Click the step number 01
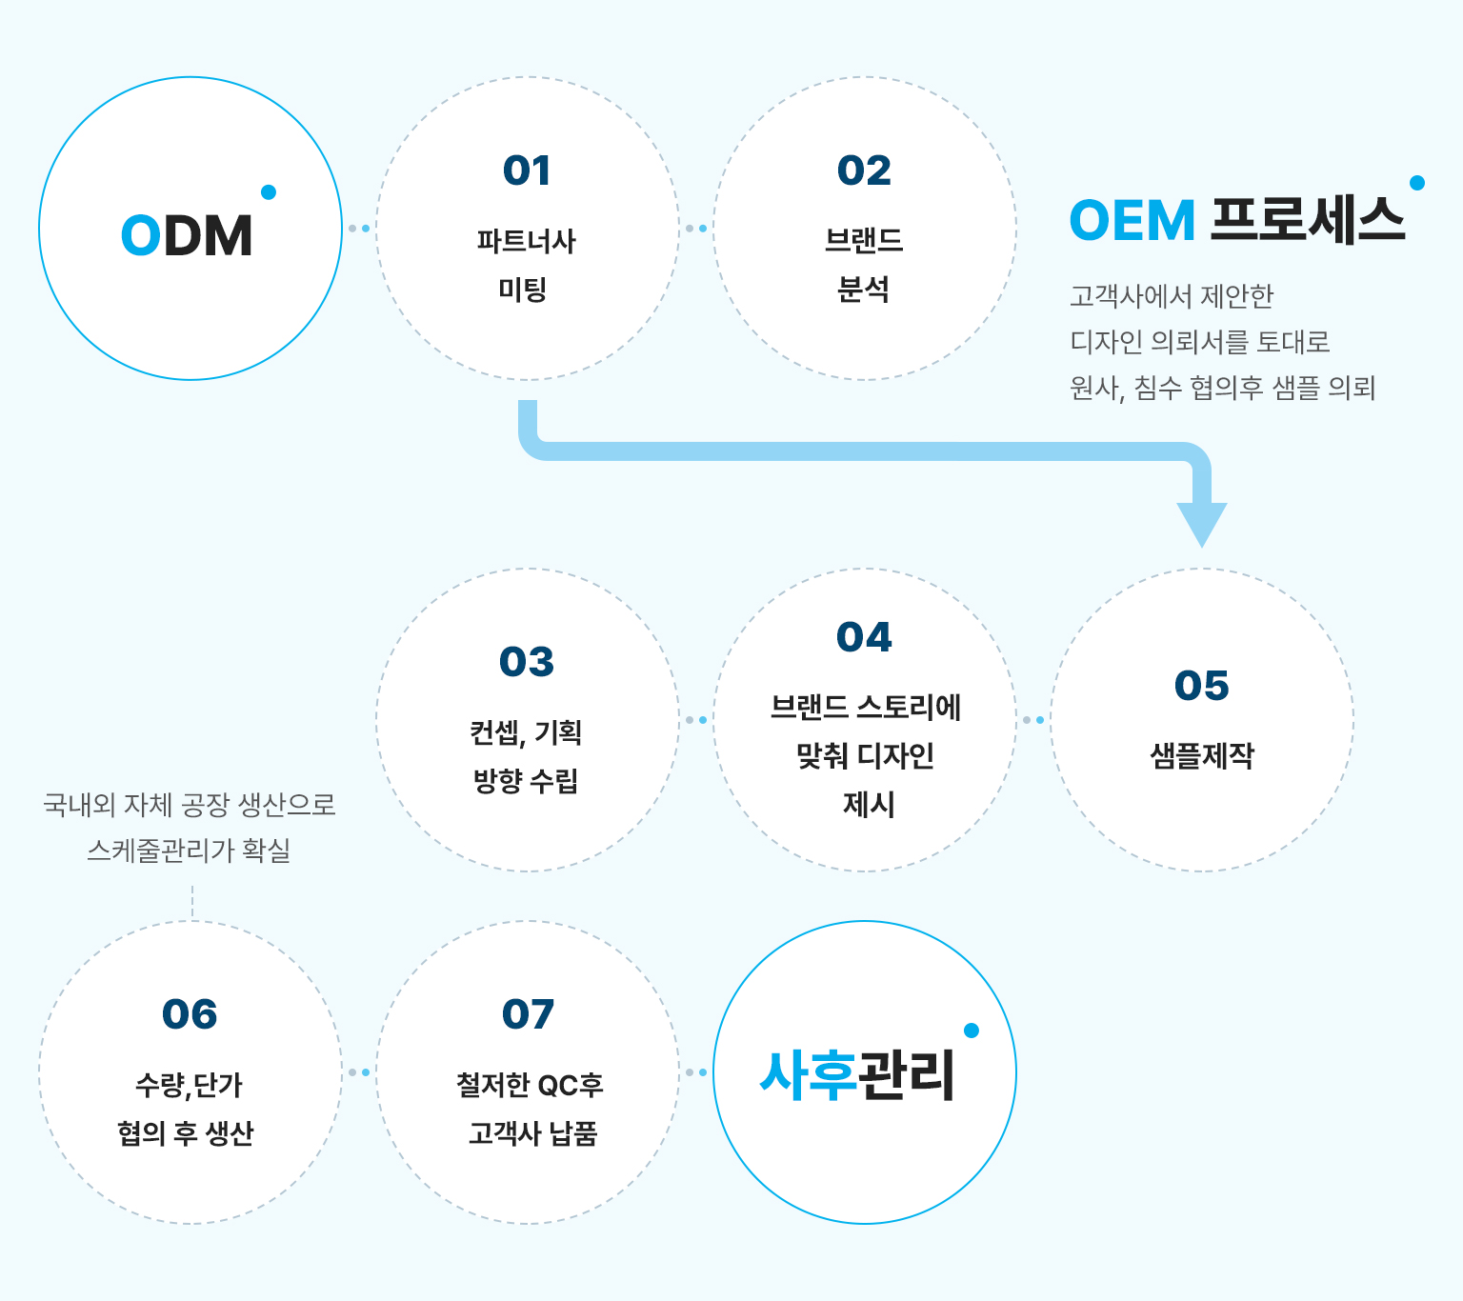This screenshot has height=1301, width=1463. [527, 170]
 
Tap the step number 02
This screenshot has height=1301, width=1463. [864, 170]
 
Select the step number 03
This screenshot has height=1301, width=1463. [527, 661]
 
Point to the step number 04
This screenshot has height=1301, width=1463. [864, 637]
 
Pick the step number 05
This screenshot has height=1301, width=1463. [1202, 685]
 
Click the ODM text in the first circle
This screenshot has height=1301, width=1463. [187, 235]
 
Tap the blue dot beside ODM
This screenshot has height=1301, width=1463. [269, 191]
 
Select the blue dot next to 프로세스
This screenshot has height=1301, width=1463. [1416, 183]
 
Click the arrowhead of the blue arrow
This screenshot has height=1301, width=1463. [1202, 525]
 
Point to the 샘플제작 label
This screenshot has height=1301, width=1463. [1202, 756]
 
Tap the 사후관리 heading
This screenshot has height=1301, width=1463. [857, 1075]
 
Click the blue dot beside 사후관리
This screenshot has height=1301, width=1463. [972, 1031]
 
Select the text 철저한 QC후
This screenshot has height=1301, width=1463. [530, 1085]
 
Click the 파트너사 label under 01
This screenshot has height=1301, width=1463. [526, 241]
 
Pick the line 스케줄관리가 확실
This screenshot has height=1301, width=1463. [189, 850]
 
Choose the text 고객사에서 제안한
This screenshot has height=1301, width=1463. [1172, 296]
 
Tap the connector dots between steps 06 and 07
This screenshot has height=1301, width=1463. [359, 1072]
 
